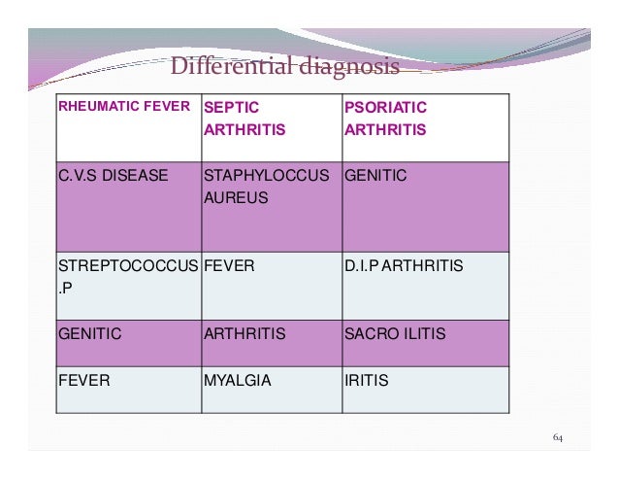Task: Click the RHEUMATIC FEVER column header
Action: click(x=124, y=106)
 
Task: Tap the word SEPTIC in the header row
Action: click(x=233, y=107)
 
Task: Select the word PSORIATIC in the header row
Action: click(x=385, y=107)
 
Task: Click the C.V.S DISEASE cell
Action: click(x=113, y=176)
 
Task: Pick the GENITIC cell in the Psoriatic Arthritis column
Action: click(x=375, y=176)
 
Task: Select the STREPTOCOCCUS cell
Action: click(x=128, y=265)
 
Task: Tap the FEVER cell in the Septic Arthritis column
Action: click(x=228, y=265)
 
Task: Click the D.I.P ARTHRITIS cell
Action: click(x=403, y=265)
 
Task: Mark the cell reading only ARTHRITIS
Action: click(x=244, y=333)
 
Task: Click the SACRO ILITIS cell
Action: click(x=395, y=333)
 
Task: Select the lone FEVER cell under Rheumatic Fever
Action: click(x=84, y=381)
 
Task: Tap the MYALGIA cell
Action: click(x=237, y=381)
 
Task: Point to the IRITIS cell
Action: click(x=366, y=381)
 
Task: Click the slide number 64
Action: click(x=558, y=439)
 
